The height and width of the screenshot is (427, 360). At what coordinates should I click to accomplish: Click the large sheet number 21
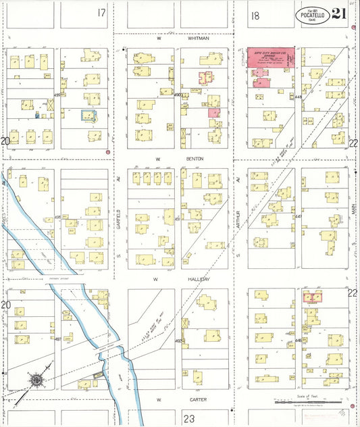(340, 14)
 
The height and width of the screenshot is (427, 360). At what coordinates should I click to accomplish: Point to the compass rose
(35, 380)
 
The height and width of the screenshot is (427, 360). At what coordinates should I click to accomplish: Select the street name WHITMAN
(199, 39)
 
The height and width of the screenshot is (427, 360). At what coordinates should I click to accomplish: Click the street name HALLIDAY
(199, 279)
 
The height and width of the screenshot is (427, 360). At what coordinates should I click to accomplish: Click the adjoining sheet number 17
(101, 13)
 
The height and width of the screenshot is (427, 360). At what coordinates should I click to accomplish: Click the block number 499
(57, 95)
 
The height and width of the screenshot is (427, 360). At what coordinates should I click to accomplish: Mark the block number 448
(298, 96)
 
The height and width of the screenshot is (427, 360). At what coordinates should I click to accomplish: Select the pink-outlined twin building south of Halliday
(312, 297)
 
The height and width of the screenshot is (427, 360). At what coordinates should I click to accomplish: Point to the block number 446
(298, 341)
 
